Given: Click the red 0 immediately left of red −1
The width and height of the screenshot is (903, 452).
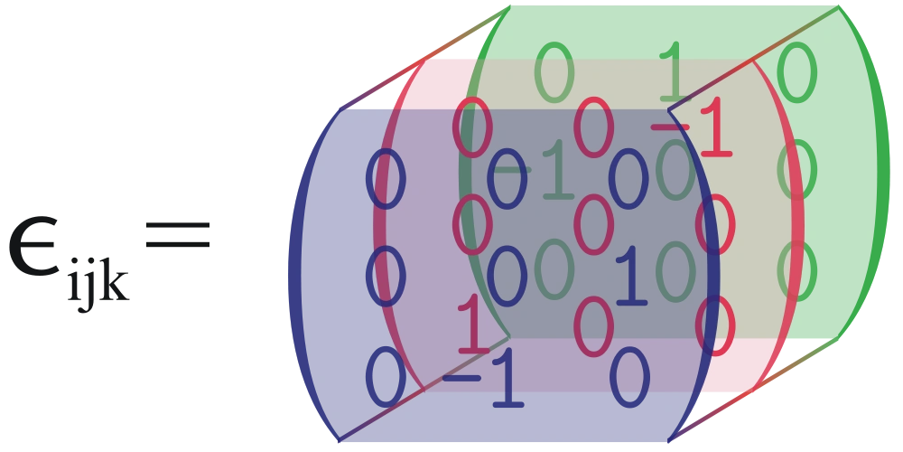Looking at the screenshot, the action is coord(595,131).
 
